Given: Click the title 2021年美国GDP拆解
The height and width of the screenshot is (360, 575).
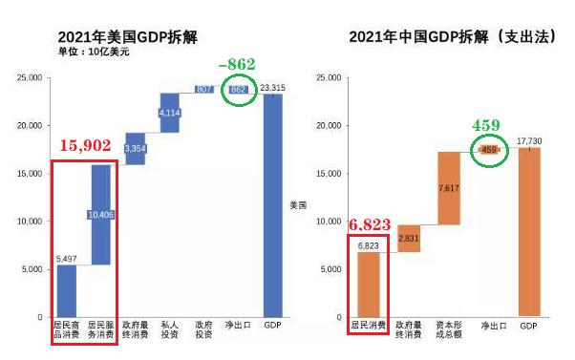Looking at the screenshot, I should point(130,37).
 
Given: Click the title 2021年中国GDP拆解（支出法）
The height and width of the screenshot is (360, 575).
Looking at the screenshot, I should point(446,37).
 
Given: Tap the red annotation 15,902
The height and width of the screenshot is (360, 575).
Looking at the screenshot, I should point(86,146).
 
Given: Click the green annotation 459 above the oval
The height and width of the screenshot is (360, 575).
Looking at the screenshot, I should point(487,125).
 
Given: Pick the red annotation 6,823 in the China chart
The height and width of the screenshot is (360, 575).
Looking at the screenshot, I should point(368,224).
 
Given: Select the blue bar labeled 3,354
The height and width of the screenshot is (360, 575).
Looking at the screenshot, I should point(135,148).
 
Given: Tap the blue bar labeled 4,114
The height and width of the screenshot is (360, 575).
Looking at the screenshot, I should point(169,113).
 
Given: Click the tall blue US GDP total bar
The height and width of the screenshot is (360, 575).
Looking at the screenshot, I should point(272,205).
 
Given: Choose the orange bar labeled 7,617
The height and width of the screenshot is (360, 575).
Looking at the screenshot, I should point(449,188).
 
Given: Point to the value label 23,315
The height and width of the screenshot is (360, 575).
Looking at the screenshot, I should point(272,86).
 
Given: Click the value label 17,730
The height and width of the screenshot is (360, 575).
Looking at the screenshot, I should point(529,140).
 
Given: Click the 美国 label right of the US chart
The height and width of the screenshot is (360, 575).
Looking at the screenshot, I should point(298,204).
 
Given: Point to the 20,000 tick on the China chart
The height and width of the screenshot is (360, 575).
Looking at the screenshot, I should point(327,125).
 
